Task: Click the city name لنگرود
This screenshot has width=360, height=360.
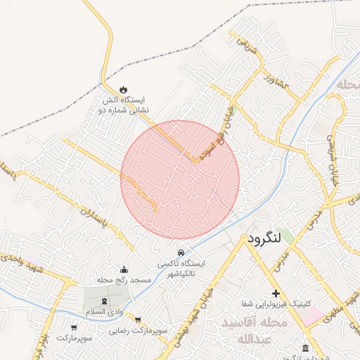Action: pos(264,239)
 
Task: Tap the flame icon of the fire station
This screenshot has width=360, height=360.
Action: pos(124,90)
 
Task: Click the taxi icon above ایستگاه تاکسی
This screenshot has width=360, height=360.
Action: pos(181,252)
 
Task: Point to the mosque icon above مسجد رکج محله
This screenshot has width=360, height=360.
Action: pos(124,270)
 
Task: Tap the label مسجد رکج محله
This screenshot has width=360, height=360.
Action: pos(124,281)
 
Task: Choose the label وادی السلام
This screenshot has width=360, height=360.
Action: pos(104,311)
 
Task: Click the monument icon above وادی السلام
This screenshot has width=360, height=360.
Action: pos(104,301)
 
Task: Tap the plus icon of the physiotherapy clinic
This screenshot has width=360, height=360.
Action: pos(276,293)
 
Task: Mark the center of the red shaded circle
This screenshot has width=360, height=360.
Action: pos(180,179)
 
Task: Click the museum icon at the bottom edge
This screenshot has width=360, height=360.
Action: pos(304,349)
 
